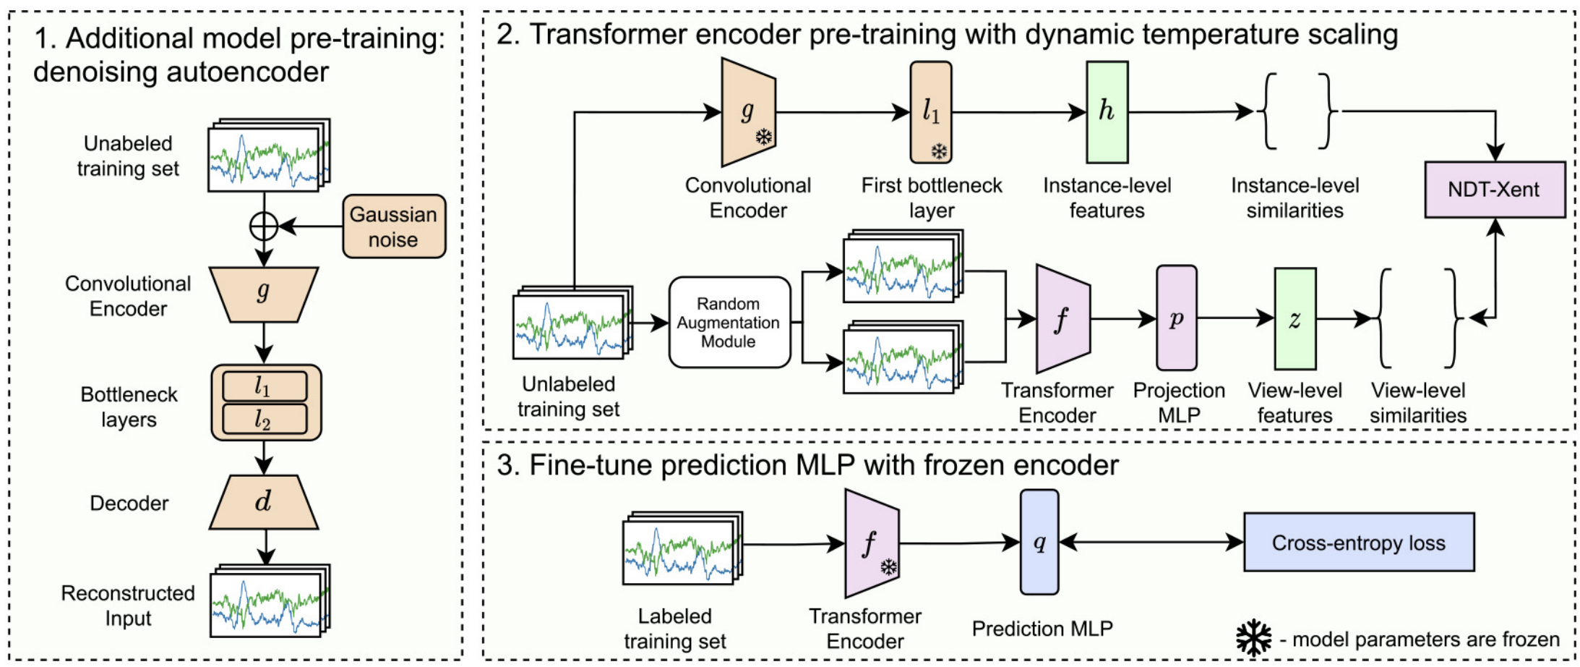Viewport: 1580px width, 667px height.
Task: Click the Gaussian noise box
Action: point(393,226)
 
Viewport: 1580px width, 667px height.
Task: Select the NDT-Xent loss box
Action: point(1494,190)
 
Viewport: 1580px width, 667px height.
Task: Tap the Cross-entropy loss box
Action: point(1358,543)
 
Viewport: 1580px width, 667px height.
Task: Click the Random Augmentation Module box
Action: point(729,323)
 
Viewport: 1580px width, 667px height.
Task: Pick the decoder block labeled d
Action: point(263,502)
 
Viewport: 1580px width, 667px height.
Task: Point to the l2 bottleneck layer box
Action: point(264,419)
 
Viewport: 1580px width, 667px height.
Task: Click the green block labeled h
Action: point(1107,111)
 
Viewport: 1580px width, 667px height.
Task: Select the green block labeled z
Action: point(1295,319)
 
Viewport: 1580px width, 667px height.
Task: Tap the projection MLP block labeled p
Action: point(1176,318)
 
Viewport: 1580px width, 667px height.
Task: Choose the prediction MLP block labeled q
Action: point(1039,543)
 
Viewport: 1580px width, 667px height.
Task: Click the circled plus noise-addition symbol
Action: point(264,226)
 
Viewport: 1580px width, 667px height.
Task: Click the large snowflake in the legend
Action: point(1253,637)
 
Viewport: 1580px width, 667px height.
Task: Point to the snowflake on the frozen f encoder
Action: point(888,566)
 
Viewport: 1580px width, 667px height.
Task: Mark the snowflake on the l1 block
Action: point(938,151)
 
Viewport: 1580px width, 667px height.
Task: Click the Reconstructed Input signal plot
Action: point(267,603)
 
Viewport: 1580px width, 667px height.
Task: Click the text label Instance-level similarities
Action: point(1295,197)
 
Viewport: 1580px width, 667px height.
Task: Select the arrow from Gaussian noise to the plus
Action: point(311,226)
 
